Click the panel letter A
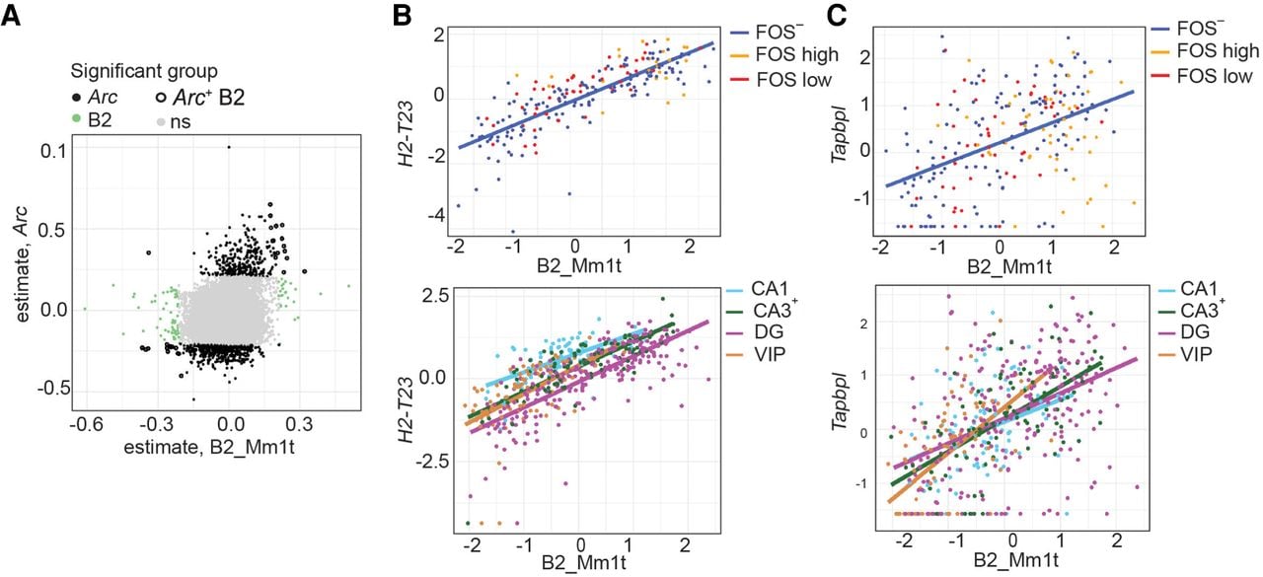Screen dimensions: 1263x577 (x=11, y=16)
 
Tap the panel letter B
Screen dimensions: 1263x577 (x=402, y=16)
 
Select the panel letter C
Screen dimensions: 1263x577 (x=836, y=16)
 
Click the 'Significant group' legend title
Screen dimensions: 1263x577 (x=144, y=72)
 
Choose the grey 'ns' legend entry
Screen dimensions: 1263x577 (x=173, y=121)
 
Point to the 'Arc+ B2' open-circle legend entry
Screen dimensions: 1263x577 (x=200, y=97)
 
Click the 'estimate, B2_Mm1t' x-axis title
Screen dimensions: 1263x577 (x=209, y=447)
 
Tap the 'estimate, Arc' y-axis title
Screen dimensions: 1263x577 (x=22, y=264)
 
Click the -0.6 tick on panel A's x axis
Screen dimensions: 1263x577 (x=86, y=424)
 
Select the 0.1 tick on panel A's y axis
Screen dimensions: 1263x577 (x=53, y=151)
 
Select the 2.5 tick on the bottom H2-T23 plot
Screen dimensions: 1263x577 (x=432, y=295)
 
